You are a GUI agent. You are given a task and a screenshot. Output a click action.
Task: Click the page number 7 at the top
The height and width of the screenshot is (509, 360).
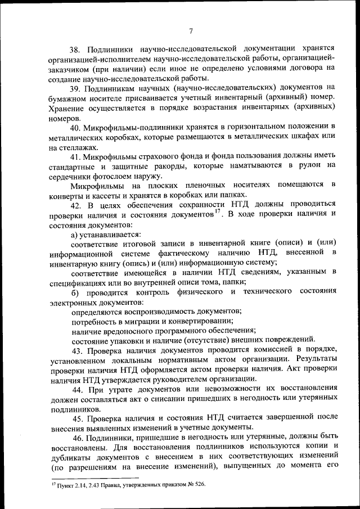click(x=191, y=31)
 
